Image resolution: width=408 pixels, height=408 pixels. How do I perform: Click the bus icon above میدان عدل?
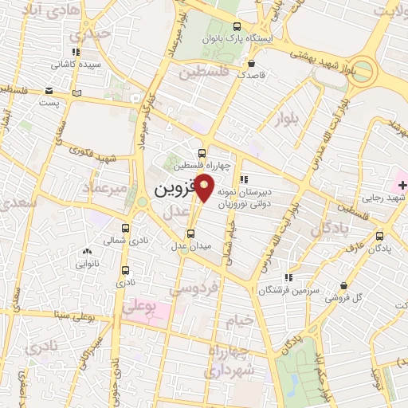point(190,233)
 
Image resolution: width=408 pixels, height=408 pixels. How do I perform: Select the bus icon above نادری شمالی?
point(125,227)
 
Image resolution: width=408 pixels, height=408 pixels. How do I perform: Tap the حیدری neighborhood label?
point(87,35)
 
